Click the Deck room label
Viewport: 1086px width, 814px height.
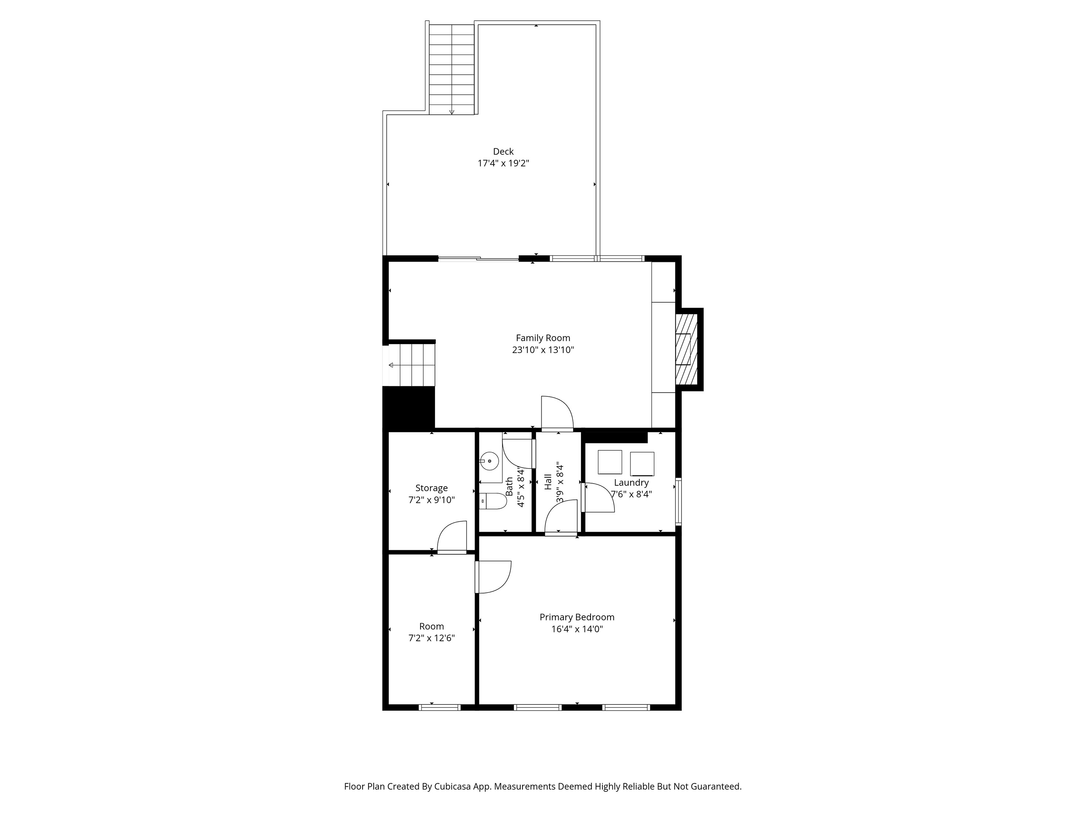[x=503, y=152]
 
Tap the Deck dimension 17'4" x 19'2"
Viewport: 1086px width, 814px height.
[x=503, y=164]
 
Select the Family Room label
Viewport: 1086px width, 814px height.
[x=543, y=338]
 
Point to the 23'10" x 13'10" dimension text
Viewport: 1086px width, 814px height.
[x=543, y=350]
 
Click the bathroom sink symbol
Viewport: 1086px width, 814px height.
[x=489, y=461]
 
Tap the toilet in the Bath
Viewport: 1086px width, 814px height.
[x=494, y=501]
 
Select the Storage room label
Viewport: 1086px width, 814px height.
[x=432, y=488]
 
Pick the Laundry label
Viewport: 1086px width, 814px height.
[x=631, y=483]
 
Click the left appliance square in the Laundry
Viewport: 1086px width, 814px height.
[x=610, y=462]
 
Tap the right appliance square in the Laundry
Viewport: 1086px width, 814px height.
[x=642, y=464]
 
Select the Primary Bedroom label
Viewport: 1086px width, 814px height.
[x=577, y=617]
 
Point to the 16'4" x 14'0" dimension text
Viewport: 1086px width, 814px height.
[x=577, y=629]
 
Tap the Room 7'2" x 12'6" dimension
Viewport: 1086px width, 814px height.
[x=432, y=638]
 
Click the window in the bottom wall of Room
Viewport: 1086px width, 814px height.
[x=440, y=707]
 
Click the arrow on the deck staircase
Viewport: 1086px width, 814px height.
[x=452, y=112]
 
